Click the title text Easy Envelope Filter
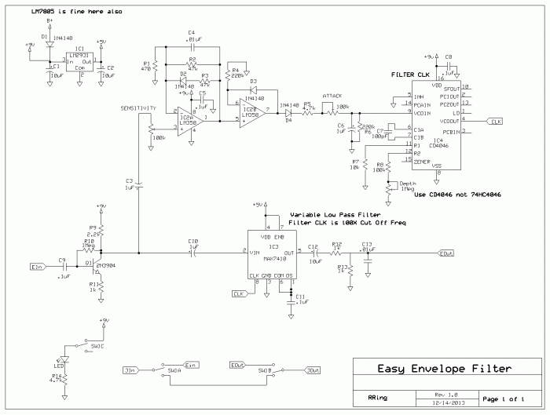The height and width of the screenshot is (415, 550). click(443, 369)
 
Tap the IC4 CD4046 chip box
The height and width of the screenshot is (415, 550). click(436, 126)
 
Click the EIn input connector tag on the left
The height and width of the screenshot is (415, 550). click(36, 268)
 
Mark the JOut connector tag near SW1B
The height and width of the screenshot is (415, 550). click(313, 370)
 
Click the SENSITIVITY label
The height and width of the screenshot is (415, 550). click(139, 106)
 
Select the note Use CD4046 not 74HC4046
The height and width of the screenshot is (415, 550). click(456, 194)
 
